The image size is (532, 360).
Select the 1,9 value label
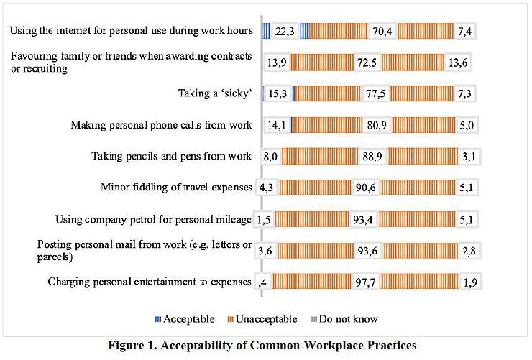[471, 282]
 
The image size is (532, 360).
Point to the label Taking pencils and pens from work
[172, 156]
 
